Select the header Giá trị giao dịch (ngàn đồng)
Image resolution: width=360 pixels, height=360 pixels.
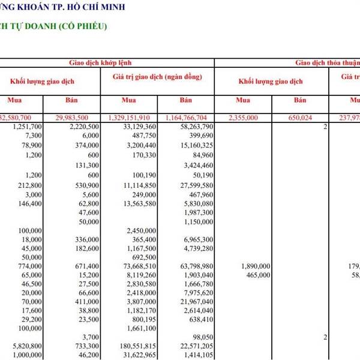tap(157, 77)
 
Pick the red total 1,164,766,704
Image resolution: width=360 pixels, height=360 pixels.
tap(186, 116)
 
